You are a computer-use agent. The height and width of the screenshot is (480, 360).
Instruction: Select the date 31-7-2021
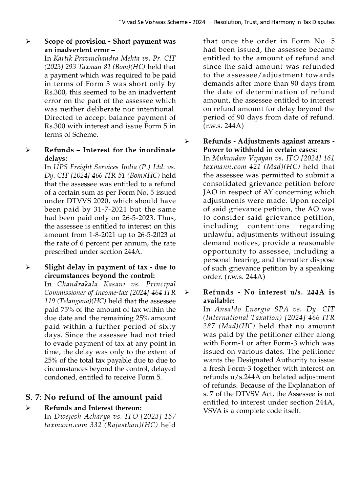[110, 209]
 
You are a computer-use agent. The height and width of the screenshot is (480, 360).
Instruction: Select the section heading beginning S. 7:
[94, 397]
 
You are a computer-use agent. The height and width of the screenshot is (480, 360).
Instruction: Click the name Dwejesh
[67, 416]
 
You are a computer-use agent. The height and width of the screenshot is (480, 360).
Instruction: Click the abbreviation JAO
[210, 192]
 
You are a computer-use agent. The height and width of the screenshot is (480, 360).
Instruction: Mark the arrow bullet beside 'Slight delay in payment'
[28, 267]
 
